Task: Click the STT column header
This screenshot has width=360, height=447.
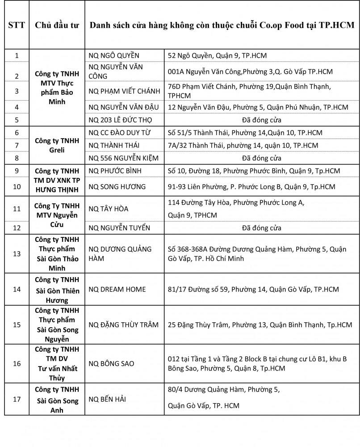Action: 17,25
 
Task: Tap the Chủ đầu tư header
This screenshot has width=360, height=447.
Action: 57,25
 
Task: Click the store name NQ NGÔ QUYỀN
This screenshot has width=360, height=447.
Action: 114,55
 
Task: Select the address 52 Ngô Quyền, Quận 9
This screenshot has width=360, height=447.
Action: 218,55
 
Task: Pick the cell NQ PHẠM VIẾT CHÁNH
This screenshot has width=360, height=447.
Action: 124,91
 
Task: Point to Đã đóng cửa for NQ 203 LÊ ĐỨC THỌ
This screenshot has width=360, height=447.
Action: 262,120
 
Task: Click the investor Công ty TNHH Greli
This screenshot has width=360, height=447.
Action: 57,145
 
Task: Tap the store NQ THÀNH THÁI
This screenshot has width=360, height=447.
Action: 114,145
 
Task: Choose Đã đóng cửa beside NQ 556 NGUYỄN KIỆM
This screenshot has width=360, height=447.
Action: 262,158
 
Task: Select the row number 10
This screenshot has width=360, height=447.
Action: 17,186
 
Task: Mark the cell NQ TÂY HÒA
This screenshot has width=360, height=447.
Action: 109,209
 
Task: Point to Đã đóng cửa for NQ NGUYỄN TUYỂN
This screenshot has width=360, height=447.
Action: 262,228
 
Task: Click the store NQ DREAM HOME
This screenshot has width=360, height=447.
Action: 117,289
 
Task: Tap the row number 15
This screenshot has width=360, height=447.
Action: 17,325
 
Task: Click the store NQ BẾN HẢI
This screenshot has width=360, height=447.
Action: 107,399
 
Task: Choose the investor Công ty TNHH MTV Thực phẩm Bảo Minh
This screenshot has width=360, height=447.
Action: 57,88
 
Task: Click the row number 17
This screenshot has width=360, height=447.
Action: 17,399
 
